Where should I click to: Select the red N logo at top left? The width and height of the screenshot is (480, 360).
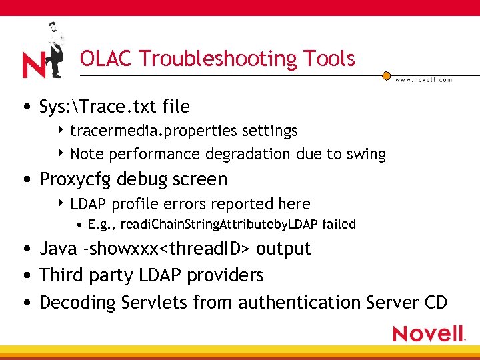point(33,65)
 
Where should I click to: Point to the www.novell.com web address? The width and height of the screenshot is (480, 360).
point(423,79)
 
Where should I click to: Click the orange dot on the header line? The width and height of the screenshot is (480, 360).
point(386,75)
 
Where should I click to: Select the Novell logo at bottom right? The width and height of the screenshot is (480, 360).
point(428,333)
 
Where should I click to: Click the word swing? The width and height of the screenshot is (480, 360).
point(365,154)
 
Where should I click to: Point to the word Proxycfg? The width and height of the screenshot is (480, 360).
point(75,179)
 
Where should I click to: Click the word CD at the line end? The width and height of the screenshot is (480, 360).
point(435,303)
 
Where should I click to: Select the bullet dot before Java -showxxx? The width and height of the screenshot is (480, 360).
point(25,249)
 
